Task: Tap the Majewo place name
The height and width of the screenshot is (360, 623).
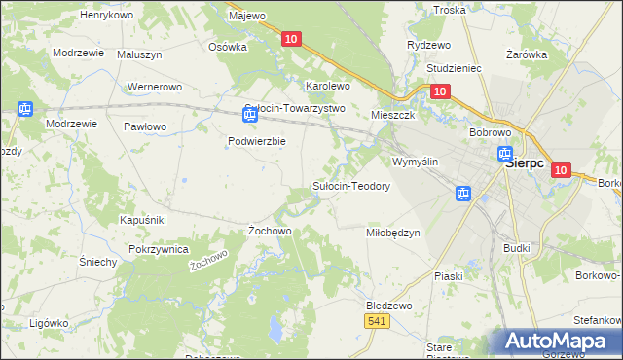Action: click(x=246, y=16)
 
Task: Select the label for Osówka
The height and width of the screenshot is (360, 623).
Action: click(x=228, y=46)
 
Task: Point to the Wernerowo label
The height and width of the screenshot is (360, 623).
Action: click(x=155, y=88)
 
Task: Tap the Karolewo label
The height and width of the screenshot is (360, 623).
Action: click(x=328, y=86)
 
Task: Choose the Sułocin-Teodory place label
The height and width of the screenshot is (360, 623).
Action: click(x=350, y=186)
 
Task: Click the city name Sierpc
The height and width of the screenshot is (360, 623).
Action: click(x=531, y=165)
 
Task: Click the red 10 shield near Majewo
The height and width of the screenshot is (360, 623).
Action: click(x=292, y=38)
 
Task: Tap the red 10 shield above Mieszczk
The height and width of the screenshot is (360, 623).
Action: click(x=439, y=91)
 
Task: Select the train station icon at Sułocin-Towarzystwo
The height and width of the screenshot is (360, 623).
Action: click(x=250, y=116)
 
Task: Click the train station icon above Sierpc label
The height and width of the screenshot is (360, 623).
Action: click(x=505, y=154)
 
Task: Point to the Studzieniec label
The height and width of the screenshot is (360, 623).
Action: click(x=456, y=70)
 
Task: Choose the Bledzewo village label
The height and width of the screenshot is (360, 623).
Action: click(x=389, y=305)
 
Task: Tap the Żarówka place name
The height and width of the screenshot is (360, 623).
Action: click(x=527, y=55)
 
